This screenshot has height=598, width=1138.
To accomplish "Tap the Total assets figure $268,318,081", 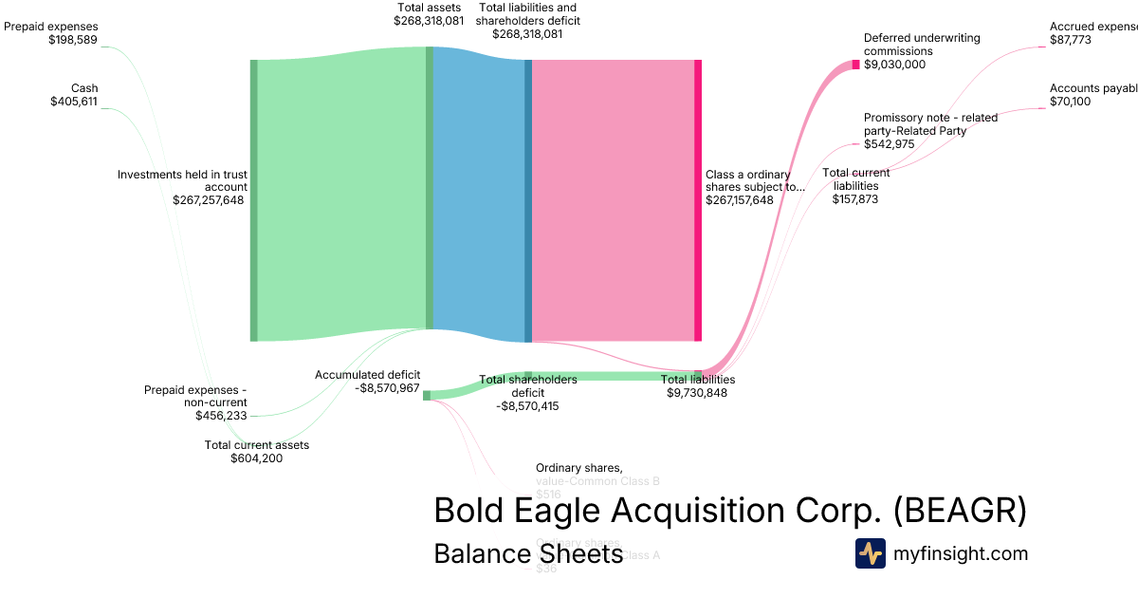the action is point(429,20).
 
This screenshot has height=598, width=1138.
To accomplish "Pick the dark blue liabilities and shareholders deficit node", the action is point(528,199).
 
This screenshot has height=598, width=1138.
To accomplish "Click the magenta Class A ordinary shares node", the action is point(698,199).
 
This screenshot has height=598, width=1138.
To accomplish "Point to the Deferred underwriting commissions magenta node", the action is point(855,65).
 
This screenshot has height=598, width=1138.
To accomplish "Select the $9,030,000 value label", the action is point(894,65).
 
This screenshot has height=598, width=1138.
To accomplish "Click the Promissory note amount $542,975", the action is point(889,144).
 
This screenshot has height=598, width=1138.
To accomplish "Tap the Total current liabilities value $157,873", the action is point(855,199).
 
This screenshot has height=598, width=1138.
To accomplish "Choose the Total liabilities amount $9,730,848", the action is point(697,393).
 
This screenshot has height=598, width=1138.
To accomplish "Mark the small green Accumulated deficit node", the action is point(427,395).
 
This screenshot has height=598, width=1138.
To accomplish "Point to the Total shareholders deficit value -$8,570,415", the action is point(527,406).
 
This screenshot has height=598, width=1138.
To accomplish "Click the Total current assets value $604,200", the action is point(256,458).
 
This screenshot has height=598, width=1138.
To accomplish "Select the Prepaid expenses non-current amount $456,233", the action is point(221,416).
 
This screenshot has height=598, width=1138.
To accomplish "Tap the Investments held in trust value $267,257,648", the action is point(210,200).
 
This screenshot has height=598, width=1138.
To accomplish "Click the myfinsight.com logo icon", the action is point(870,553).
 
